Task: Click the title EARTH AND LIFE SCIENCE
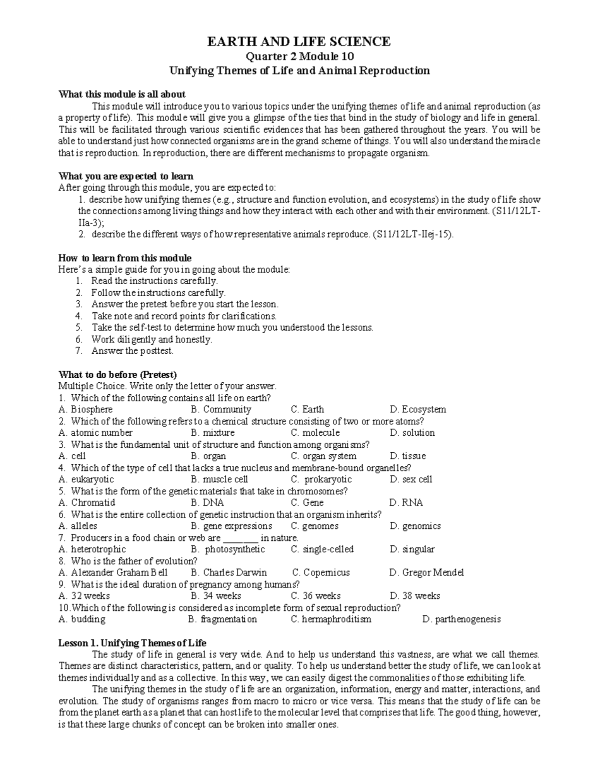(x=299, y=42)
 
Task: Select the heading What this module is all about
(x=122, y=94)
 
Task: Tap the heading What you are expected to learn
(x=126, y=176)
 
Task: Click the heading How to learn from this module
(x=125, y=258)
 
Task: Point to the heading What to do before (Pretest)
(x=118, y=375)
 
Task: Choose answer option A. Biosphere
(x=85, y=409)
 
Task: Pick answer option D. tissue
(x=407, y=456)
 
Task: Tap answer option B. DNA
(x=207, y=503)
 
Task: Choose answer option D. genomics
(x=415, y=526)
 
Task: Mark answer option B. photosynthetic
(x=228, y=549)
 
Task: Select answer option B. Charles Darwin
(x=229, y=572)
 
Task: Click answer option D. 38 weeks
(x=414, y=596)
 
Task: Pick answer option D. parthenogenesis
(x=461, y=619)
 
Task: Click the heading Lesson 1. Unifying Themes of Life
(x=132, y=643)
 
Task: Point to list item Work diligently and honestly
(x=151, y=339)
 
